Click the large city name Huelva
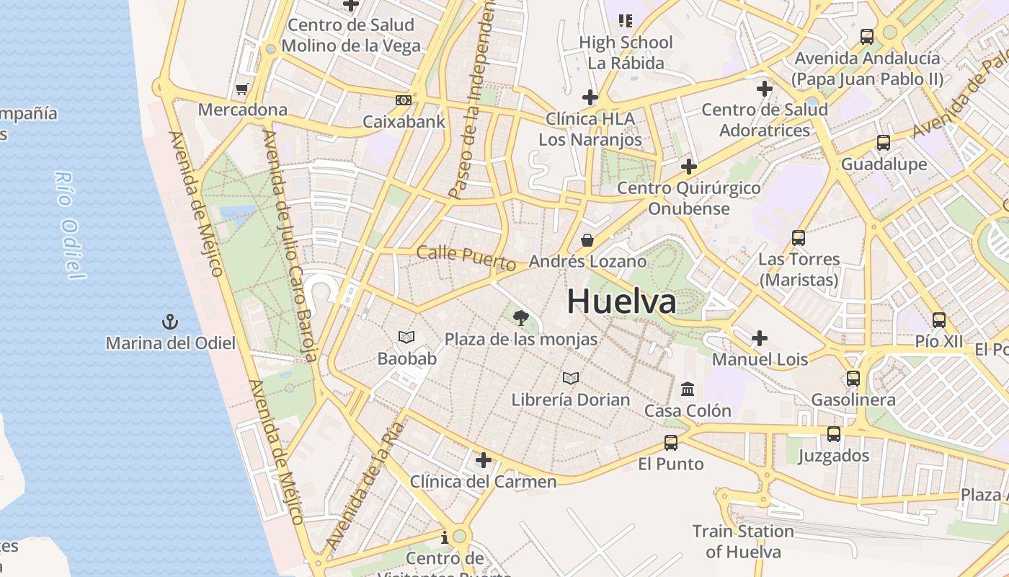[621, 301]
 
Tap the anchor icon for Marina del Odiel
[170, 322]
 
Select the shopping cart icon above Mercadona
[241, 89]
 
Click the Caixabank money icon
[404, 100]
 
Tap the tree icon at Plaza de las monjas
[520, 317]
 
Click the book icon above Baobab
[406, 337]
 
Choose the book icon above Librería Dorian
[571, 378]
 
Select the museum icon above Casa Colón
[688, 389]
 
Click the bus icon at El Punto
[670, 442]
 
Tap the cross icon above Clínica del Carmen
[483, 460]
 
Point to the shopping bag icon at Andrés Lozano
[587, 239]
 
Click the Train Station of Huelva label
[743, 542]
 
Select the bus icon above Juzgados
[834, 434]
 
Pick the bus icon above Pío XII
[938, 320]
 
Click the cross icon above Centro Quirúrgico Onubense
[688, 167]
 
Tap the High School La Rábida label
[626, 53]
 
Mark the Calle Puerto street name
[466, 258]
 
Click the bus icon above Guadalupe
[884, 143]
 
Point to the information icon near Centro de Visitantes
[444, 537]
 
